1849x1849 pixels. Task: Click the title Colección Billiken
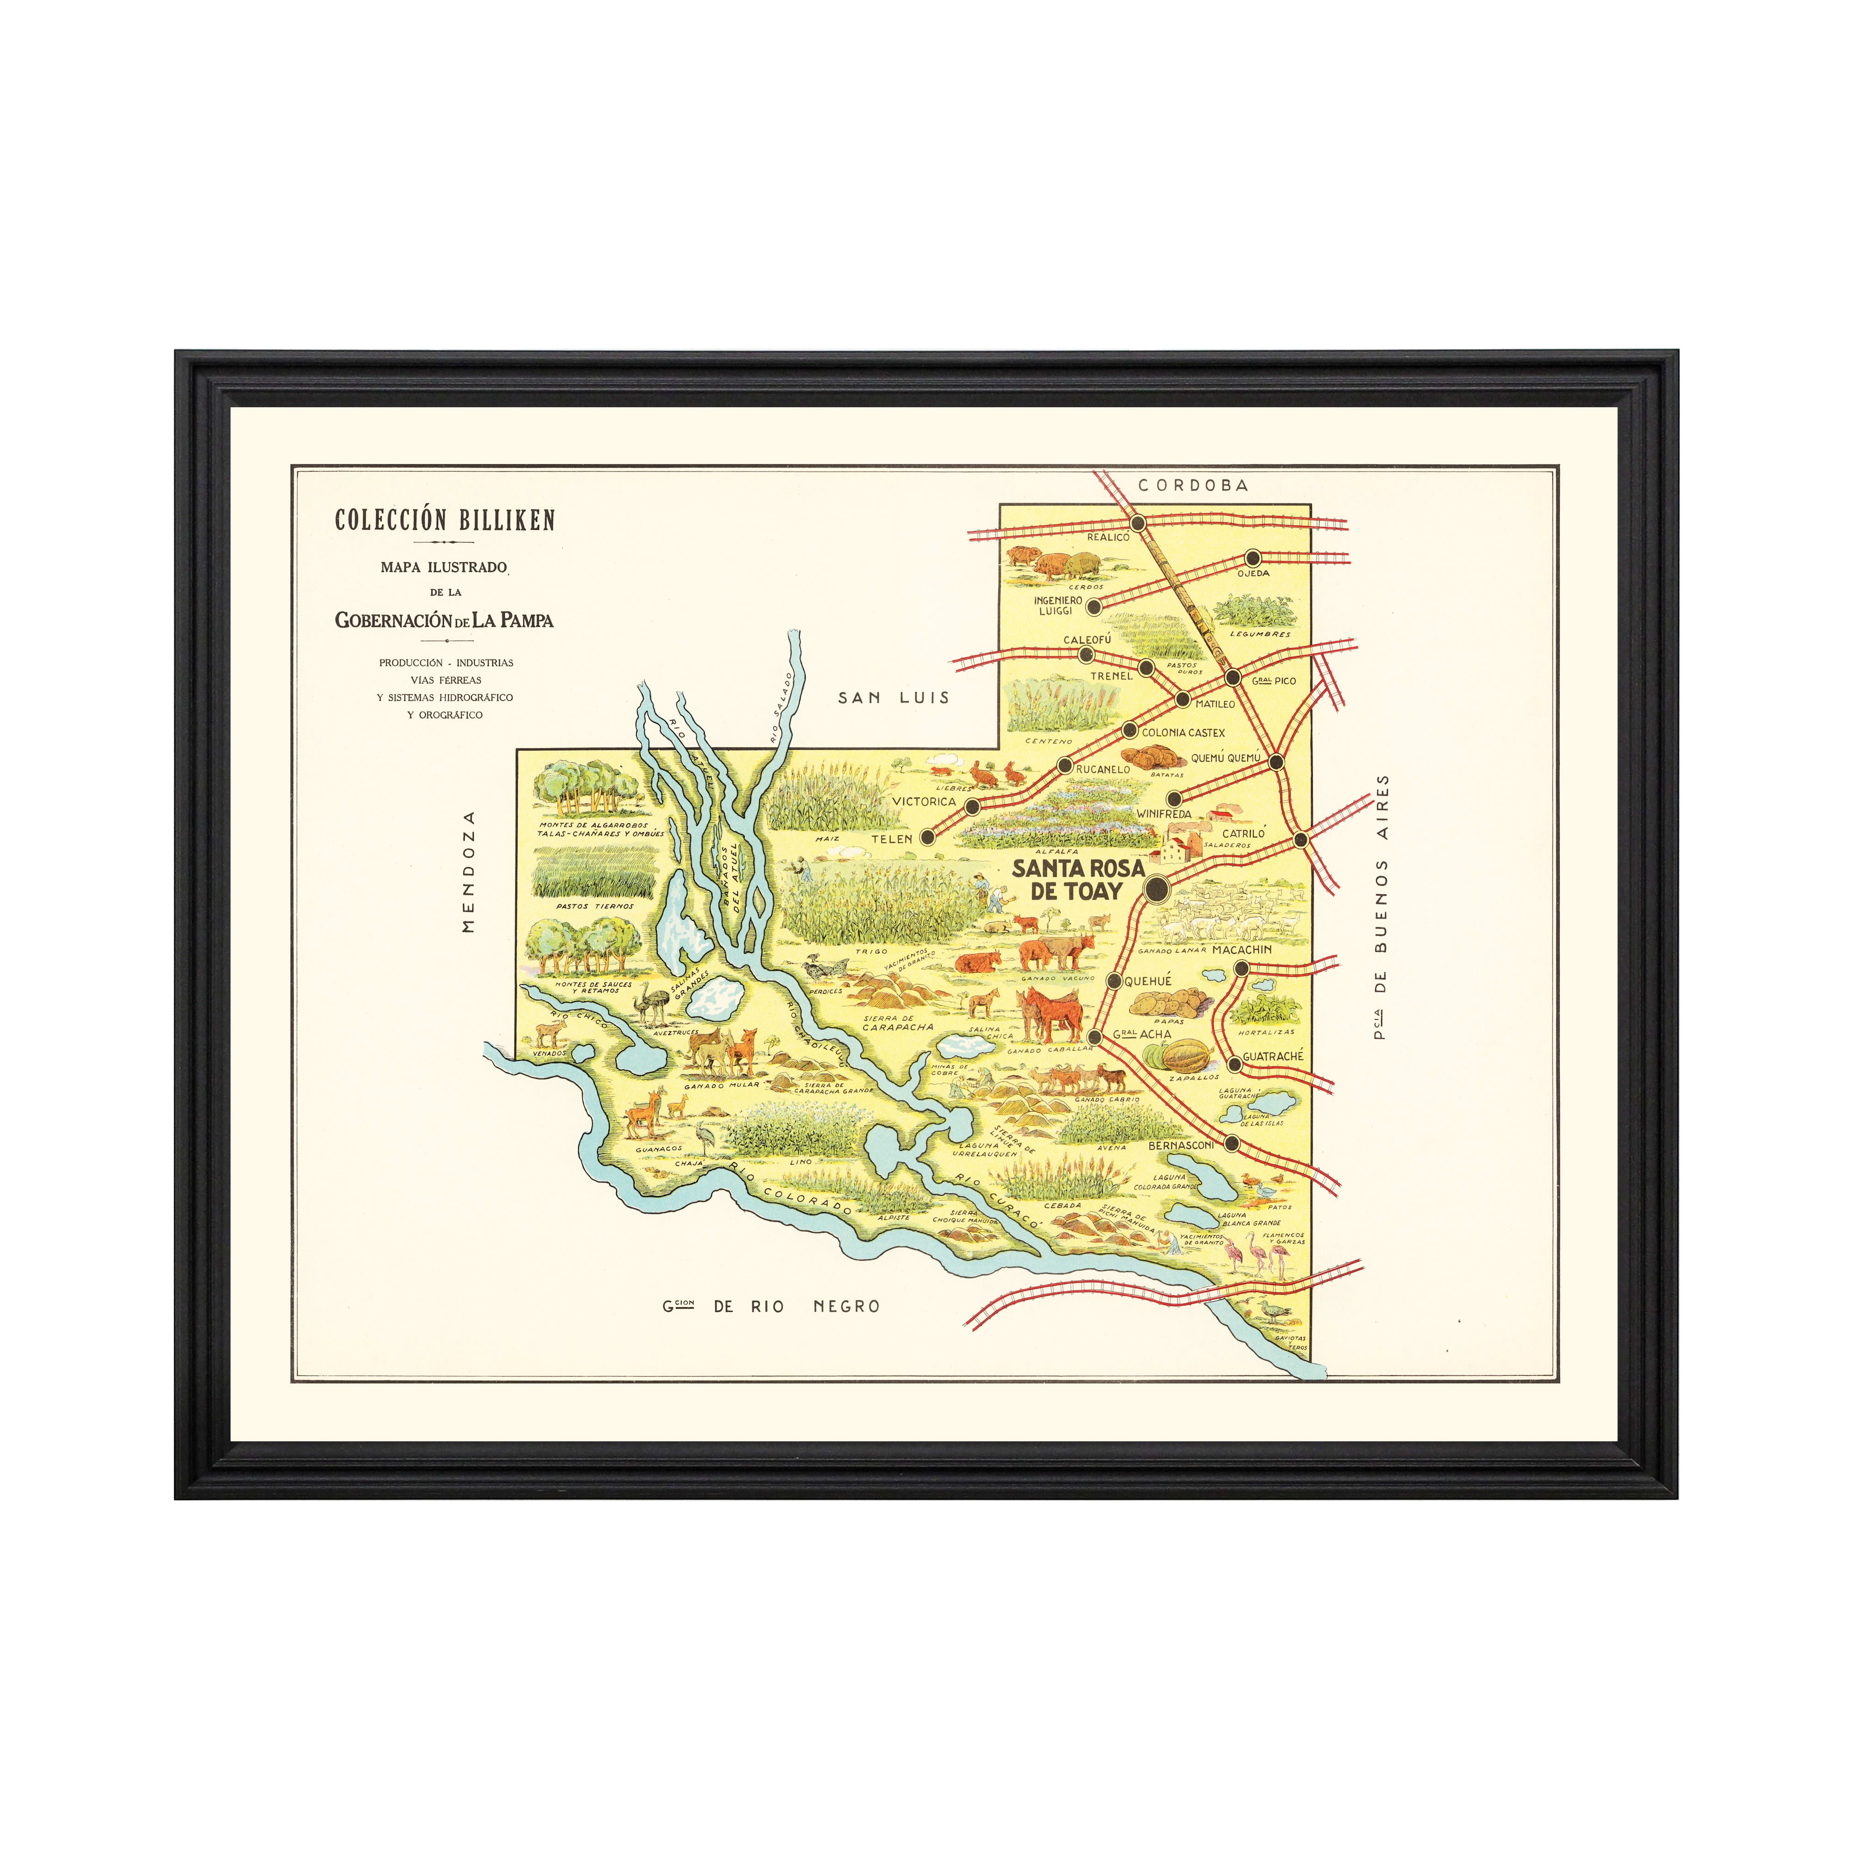click(x=445, y=520)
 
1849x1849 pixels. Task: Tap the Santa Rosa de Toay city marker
click(x=1157, y=889)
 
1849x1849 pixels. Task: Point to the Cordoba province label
click(x=1193, y=485)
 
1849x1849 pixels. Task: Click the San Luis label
click(x=894, y=698)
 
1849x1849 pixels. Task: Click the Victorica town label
click(x=924, y=801)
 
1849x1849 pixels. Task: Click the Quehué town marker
click(x=1114, y=981)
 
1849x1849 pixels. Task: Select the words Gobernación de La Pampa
click(x=444, y=620)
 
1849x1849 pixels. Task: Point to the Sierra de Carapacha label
click(x=897, y=1023)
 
